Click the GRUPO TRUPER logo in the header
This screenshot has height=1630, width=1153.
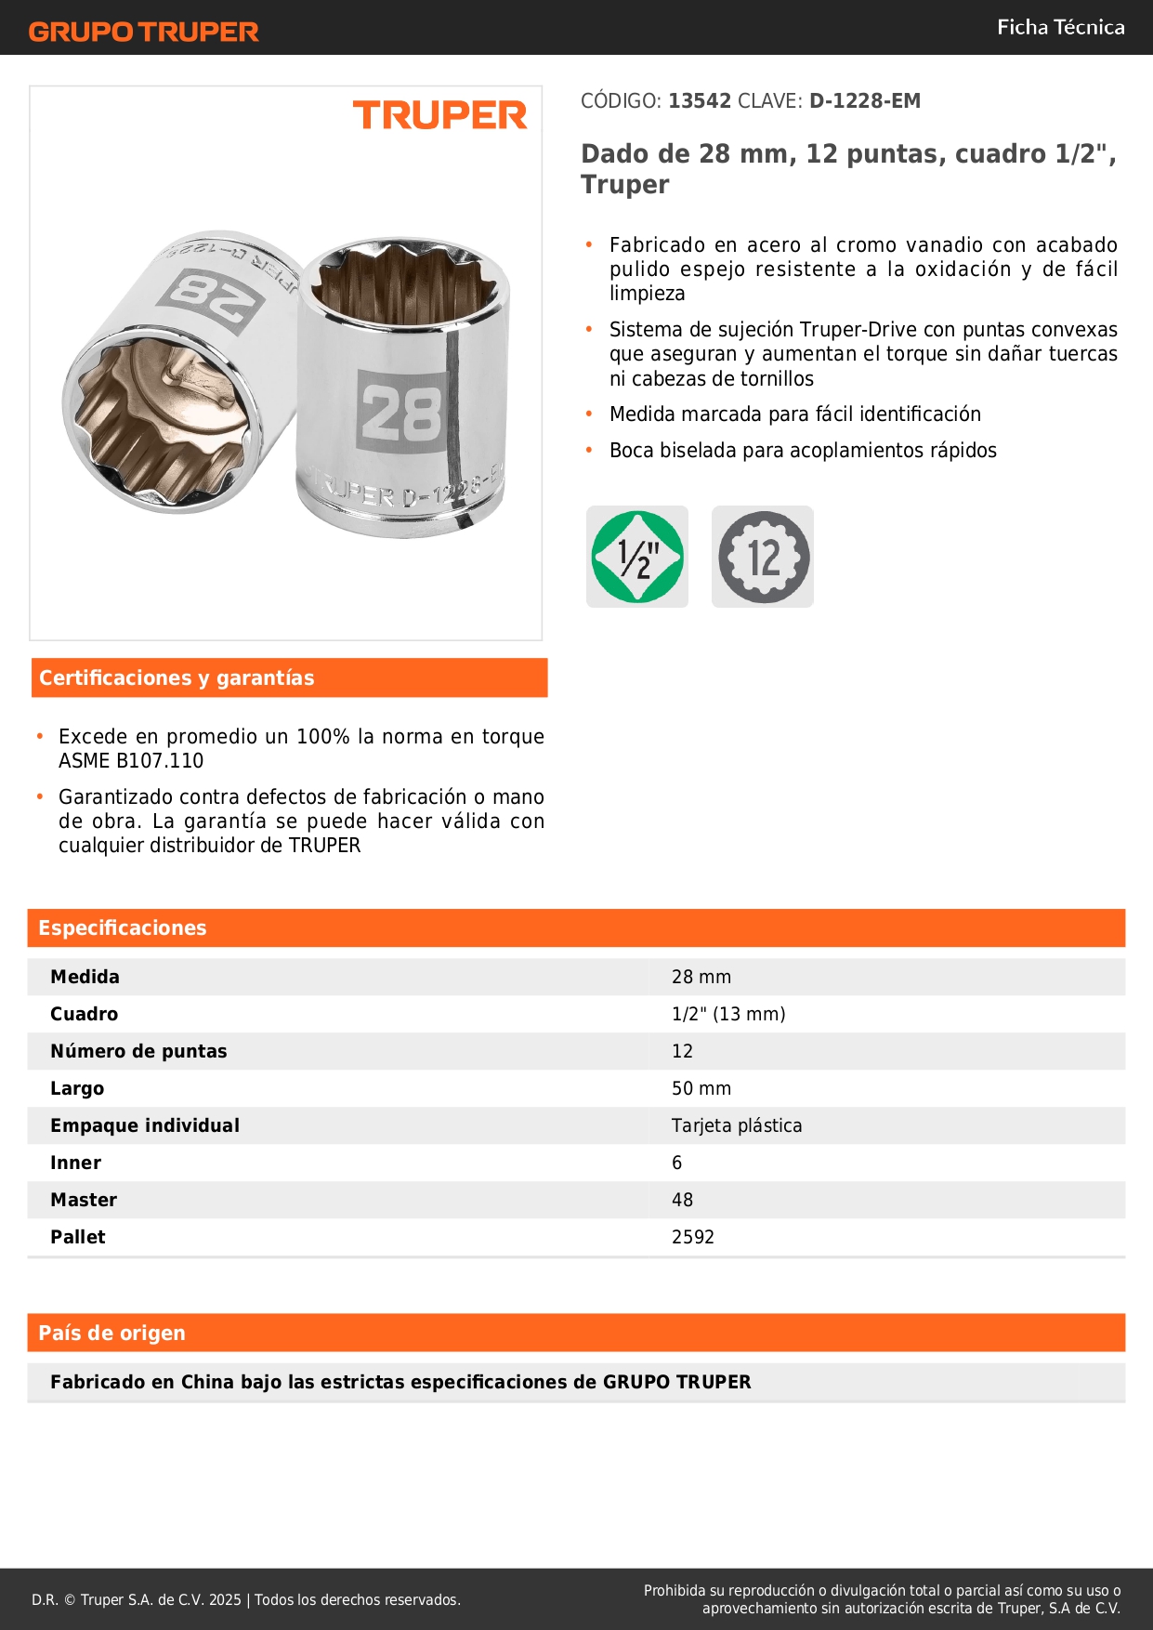point(144,32)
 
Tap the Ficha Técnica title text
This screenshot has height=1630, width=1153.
point(1060,28)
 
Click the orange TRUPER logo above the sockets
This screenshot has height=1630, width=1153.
point(439,115)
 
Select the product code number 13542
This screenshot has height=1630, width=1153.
point(700,101)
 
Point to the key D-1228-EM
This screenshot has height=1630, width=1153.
point(864,101)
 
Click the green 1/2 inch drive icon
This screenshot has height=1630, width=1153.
point(637,558)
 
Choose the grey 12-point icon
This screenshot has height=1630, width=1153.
point(763,558)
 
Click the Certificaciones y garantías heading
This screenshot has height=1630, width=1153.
point(177,678)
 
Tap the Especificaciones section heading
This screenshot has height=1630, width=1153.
point(123,928)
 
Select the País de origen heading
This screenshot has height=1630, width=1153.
point(111,1334)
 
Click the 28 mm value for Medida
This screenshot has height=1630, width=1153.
point(701,978)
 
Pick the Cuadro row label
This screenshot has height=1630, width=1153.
point(85,1015)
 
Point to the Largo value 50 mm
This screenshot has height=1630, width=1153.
point(701,1089)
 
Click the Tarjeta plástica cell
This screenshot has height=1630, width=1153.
point(737,1126)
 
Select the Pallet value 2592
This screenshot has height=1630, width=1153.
point(693,1238)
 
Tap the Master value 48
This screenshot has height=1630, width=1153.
point(682,1201)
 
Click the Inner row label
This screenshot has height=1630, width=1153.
point(76,1163)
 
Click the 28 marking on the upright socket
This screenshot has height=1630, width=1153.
point(401,412)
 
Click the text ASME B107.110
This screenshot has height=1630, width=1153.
point(131,761)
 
